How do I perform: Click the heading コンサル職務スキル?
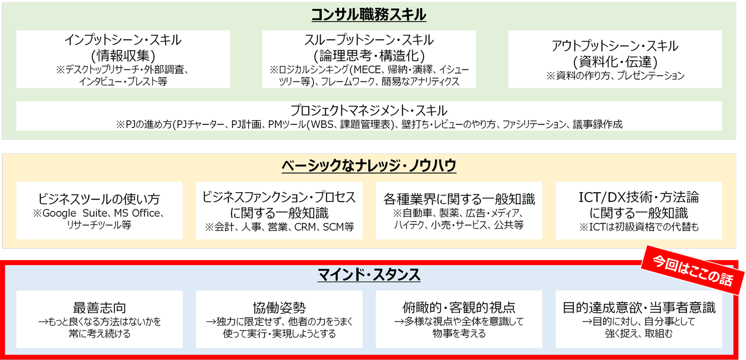pyautogui.click(x=368, y=15)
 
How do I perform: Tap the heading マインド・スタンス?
pyautogui.click(x=368, y=275)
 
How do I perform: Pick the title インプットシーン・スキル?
pyautogui.click(x=123, y=40)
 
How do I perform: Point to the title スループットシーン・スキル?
pyautogui.click(x=369, y=40)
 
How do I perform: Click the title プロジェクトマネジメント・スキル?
pyautogui.click(x=369, y=110)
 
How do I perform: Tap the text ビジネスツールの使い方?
pyautogui.click(x=99, y=199)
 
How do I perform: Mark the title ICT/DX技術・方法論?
pyautogui.click(x=639, y=197)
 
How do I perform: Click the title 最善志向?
pyautogui.click(x=99, y=308)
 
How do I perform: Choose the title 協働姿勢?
pyautogui.click(x=279, y=308)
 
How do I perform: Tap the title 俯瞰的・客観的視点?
pyautogui.click(x=458, y=308)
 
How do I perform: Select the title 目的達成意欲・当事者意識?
pyautogui.click(x=639, y=308)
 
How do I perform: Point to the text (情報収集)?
pyautogui.click(x=123, y=55)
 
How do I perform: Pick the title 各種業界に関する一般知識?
pyautogui.click(x=459, y=199)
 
